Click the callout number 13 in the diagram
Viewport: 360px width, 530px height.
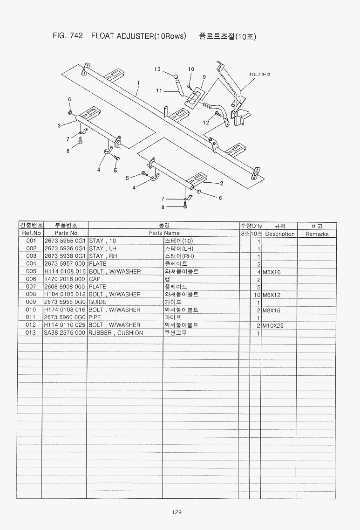click(x=157, y=69)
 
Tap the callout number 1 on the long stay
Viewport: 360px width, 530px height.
click(x=138, y=83)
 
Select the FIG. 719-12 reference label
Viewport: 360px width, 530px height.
click(x=260, y=74)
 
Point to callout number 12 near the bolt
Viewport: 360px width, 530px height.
click(x=206, y=123)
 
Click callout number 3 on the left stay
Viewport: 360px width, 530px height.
click(x=59, y=125)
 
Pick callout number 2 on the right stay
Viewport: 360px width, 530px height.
click(x=222, y=183)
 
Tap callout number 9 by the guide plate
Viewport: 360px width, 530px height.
click(x=204, y=76)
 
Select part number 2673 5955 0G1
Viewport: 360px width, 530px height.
click(x=65, y=241)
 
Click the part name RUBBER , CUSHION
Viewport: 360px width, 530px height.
click(x=116, y=333)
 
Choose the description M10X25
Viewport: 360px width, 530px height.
click(x=273, y=325)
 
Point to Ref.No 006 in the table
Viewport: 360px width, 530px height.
click(x=31, y=279)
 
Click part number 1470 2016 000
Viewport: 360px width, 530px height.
click(x=65, y=279)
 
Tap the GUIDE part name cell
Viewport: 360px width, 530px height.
click(x=98, y=302)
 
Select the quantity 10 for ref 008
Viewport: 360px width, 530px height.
click(x=256, y=295)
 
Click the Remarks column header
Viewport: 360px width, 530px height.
click(x=317, y=234)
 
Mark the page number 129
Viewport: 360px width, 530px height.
click(x=177, y=512)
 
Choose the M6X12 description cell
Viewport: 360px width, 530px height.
click(x=272, y=295)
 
